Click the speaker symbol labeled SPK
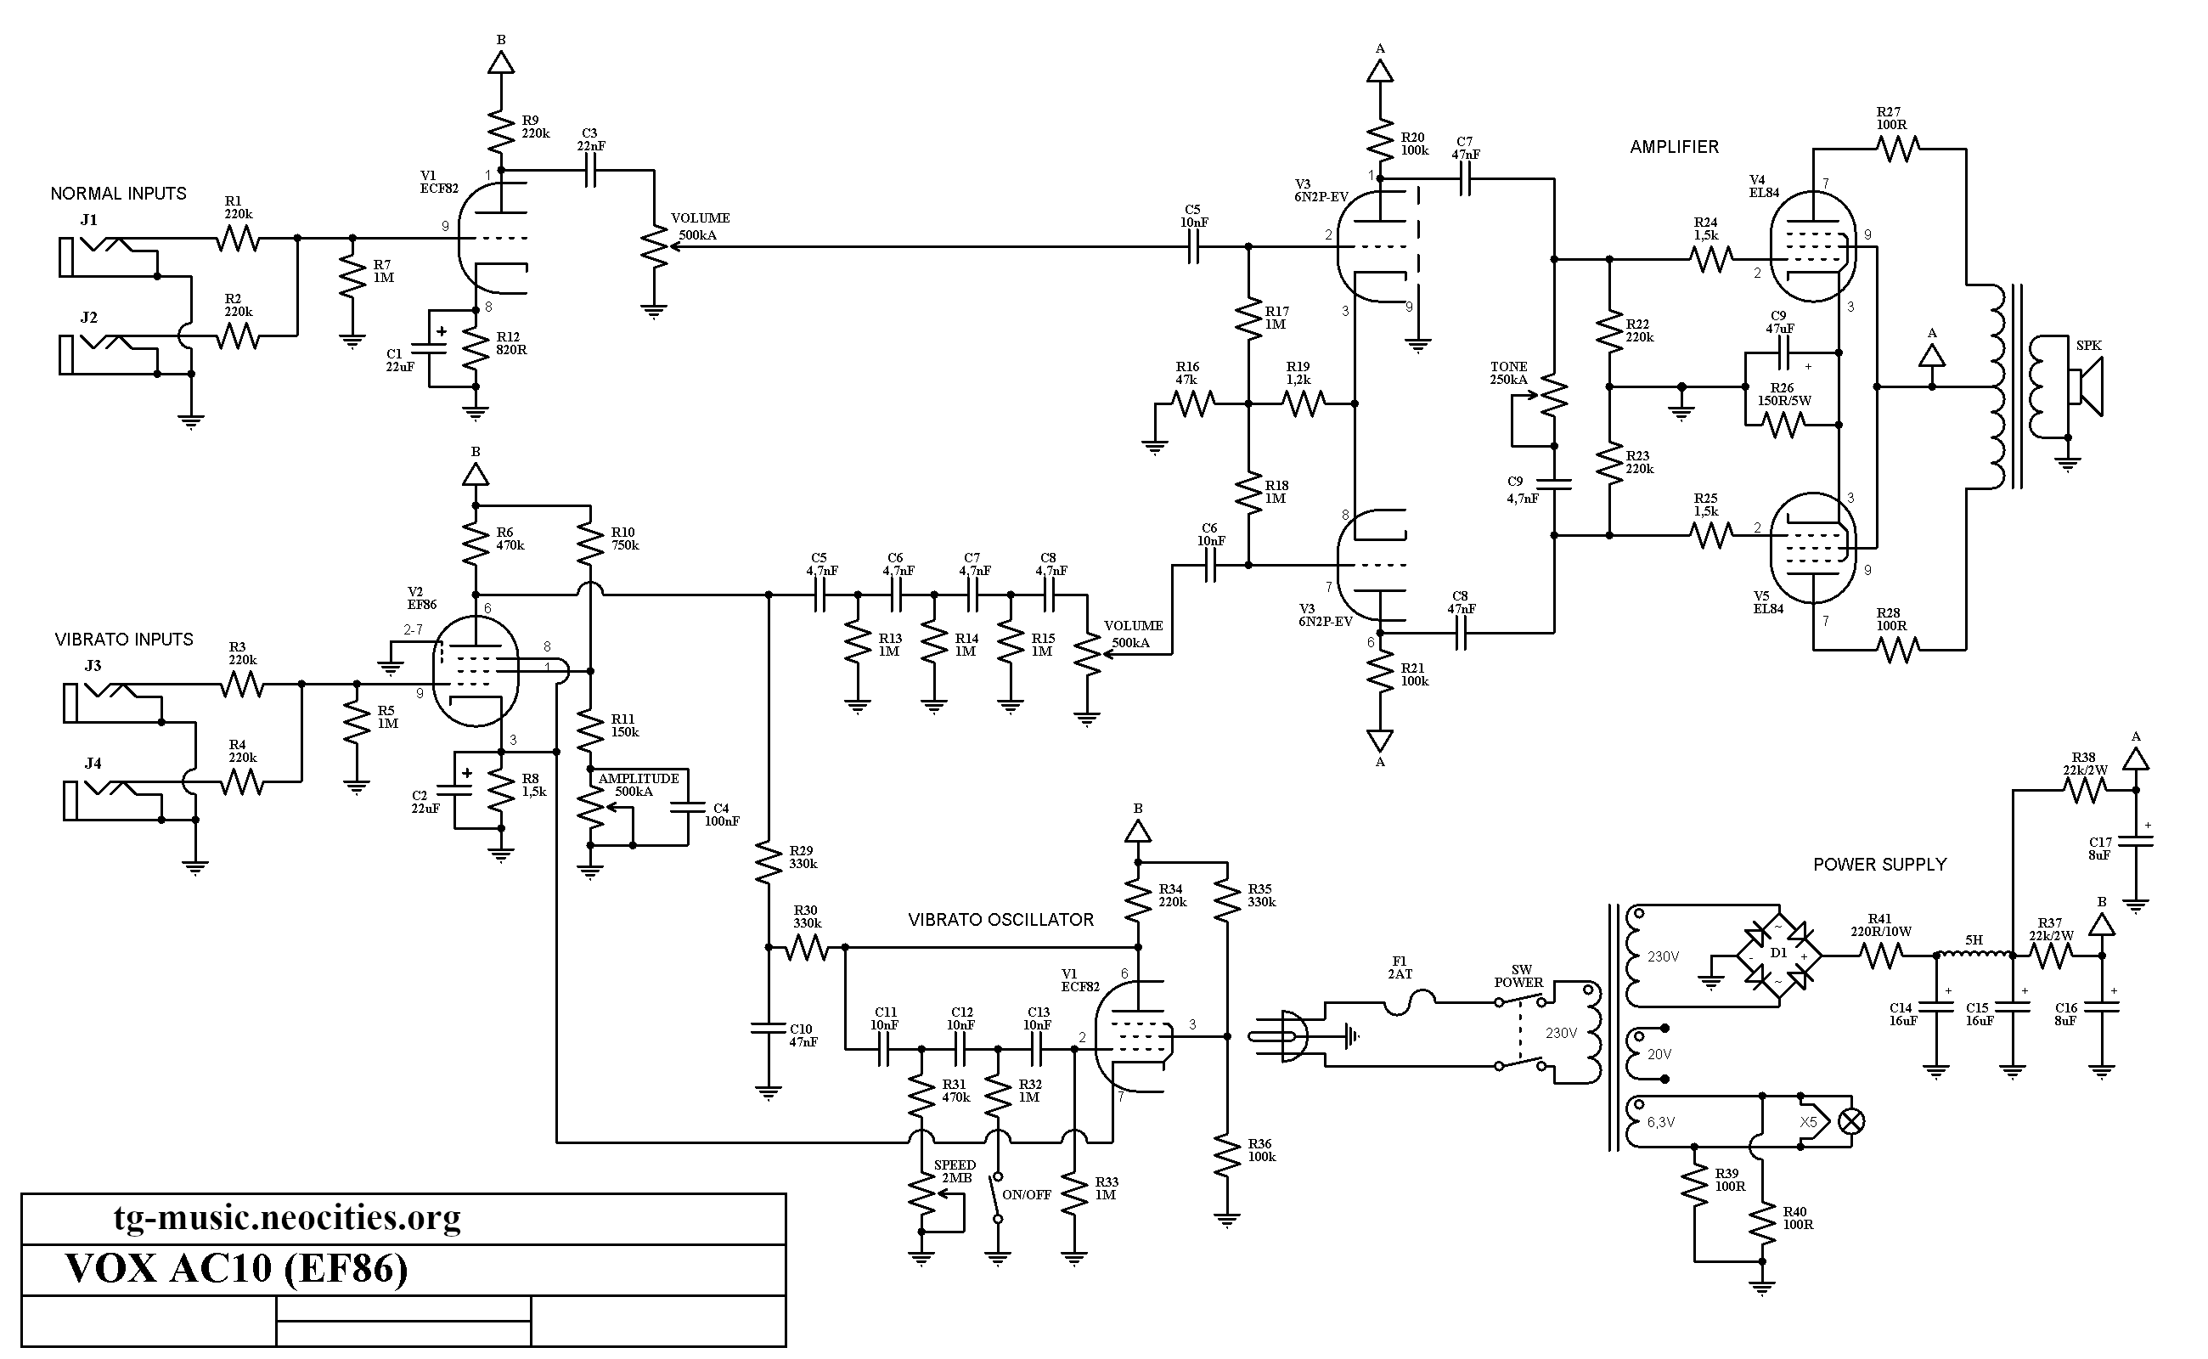[2086, 387]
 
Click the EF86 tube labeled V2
[476, 670]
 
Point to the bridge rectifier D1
[1777, 956]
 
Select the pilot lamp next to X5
[1851, 1122]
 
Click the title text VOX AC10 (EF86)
[237, 1268]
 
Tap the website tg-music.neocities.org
[288, 1218]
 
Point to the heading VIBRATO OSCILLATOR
[1000, 920]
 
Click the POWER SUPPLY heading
[1880, 864]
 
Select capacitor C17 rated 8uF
[2136, 843]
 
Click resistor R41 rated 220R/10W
[1881, 956]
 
